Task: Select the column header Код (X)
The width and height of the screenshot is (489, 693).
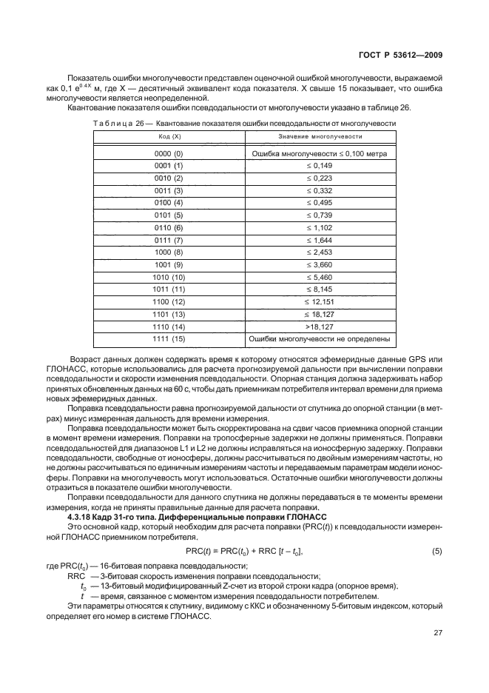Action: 169,137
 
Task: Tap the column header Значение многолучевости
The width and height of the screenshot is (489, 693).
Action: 320,137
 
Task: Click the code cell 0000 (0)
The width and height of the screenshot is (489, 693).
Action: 169,153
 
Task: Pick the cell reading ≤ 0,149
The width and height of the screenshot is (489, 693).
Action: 320,166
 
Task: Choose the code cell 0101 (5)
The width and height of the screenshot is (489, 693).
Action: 169,215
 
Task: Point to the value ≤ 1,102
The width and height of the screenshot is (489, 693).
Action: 320,227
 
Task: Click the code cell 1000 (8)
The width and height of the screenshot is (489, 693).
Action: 169,252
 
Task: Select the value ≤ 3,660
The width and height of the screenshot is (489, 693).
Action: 320,264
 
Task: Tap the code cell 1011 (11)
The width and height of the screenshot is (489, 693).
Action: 169,289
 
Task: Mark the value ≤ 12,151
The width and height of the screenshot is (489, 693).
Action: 320,302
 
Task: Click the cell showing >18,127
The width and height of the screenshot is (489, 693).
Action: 320,327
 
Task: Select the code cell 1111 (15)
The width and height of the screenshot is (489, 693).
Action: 169,339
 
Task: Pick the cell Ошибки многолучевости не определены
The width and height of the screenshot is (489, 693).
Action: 320,339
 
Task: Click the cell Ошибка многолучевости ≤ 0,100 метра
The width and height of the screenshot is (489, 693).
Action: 320,153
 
